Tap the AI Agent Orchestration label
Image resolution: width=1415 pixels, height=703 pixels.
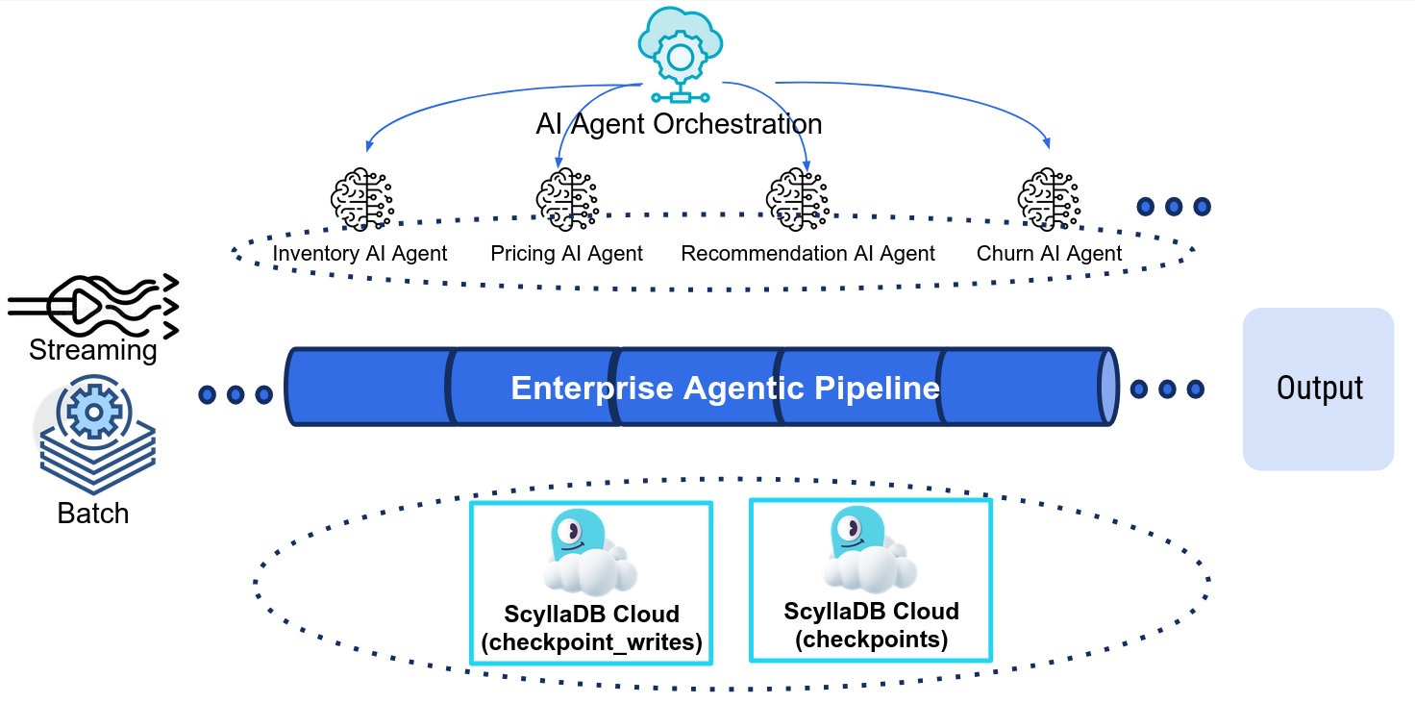[x=679, y=124]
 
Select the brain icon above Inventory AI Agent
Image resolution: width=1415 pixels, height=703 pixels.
[x=360, y=199]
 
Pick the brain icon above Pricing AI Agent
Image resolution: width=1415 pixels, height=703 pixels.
[x=567, y=199]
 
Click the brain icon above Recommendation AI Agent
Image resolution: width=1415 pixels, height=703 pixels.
[x=797, y=199]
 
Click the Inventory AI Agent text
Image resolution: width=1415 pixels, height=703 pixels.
[x=360, y=254]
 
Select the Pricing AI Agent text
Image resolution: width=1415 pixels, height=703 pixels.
[x=566, y=254]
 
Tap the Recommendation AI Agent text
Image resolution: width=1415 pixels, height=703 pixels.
[x=807, y=254]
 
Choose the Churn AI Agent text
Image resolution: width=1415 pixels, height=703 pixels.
[x=1049, y=254]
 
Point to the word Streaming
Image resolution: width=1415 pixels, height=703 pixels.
[x=93, y=350]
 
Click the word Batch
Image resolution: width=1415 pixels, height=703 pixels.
[x=93, y=514]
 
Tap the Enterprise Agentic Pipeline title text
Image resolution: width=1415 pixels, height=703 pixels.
[x=725, y=388]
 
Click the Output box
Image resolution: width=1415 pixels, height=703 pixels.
[x=1318, y=389]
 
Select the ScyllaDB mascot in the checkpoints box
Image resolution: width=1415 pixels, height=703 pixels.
[x=867, y=549]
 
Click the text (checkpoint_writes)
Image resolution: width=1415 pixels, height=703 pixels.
[x=591, y=642]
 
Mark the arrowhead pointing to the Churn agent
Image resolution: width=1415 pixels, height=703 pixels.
[x=1048, y=145]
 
